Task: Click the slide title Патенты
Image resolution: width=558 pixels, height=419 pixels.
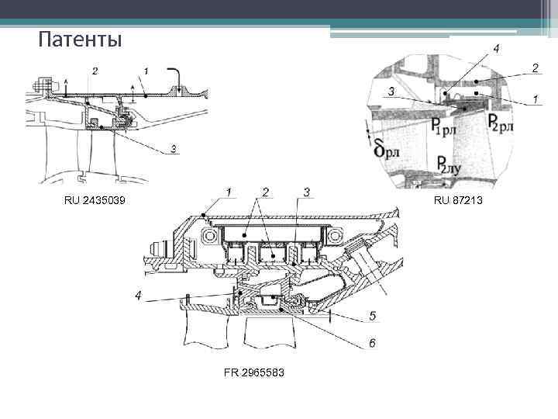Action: coord(80,39)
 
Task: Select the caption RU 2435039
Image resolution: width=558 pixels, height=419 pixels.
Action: coord(95,201)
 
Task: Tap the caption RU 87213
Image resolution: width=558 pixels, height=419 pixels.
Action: coord(458,201)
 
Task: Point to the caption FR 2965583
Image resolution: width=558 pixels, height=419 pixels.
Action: coord(253,373)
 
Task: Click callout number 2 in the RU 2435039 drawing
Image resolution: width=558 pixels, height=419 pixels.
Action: coord(95,71)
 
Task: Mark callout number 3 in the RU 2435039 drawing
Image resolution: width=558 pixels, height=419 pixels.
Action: coord(174,148)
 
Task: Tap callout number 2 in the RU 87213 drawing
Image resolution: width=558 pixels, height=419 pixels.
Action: coord(535,68)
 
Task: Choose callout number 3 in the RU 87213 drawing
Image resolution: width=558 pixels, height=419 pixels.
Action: coord(392,92)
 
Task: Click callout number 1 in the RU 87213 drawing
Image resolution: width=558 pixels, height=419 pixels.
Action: coord(535,100)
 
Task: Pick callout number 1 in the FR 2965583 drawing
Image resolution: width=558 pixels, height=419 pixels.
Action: coord(229,191)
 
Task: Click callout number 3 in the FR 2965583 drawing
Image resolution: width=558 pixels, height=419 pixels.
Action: coord(307,191)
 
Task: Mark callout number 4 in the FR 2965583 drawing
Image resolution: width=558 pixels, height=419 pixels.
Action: coord(138,296)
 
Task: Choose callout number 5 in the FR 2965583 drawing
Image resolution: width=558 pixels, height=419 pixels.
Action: coord(372,316)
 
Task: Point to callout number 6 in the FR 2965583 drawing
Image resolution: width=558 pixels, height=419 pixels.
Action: coord(372,343)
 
